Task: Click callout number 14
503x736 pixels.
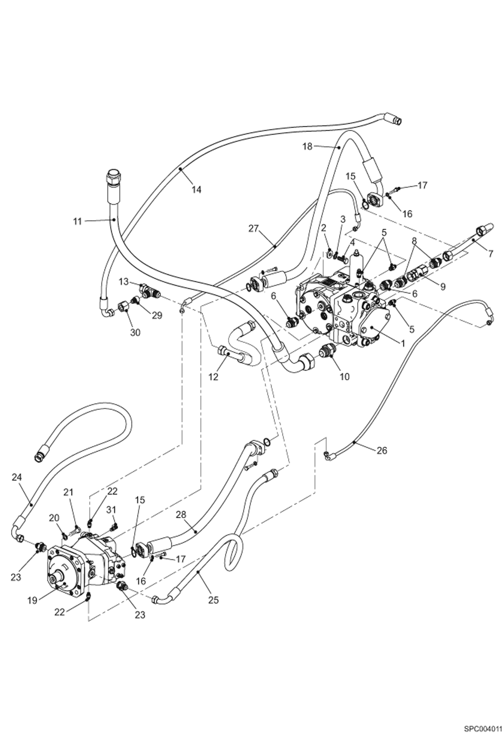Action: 196,190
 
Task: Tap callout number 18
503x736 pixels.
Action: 307,146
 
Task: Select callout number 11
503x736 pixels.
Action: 78,221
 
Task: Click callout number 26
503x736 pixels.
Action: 382,450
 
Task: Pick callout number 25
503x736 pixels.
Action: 213,599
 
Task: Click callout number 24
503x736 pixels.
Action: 16,477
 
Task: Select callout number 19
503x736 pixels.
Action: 32,600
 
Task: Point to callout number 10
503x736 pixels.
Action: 345,377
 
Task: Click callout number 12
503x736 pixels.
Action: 213,377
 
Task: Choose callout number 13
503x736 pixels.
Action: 124,282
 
